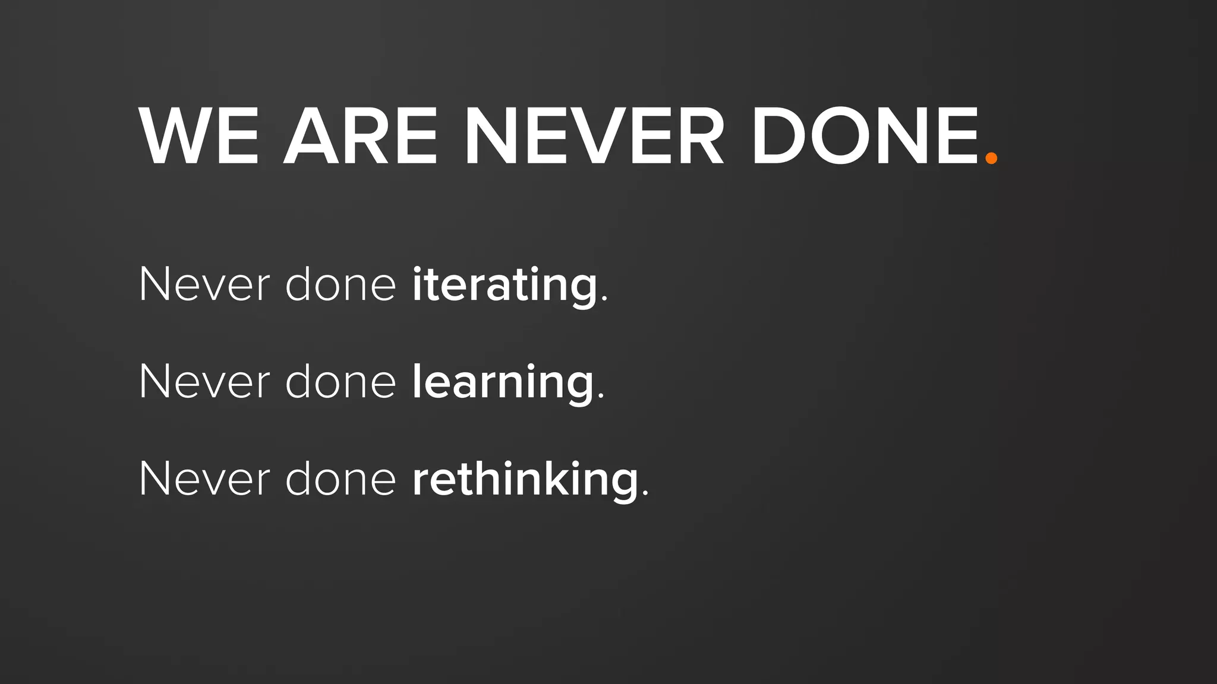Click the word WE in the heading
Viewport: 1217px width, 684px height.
199,137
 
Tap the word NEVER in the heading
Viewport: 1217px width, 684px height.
594,137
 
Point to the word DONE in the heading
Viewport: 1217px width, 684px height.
865,137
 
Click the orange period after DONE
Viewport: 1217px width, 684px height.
991,158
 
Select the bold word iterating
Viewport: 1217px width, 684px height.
505,285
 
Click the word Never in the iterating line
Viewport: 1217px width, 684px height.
204,285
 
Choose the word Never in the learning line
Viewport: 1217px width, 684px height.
204,382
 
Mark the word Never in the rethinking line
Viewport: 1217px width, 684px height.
204,479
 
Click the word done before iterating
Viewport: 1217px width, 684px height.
340,285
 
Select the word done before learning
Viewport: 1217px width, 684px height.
340,382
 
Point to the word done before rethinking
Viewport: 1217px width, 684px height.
340,479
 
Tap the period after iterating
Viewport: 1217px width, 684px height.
605,300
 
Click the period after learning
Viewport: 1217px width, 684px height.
601,397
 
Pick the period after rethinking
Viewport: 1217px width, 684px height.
646,493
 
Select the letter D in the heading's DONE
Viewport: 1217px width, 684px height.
778,137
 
